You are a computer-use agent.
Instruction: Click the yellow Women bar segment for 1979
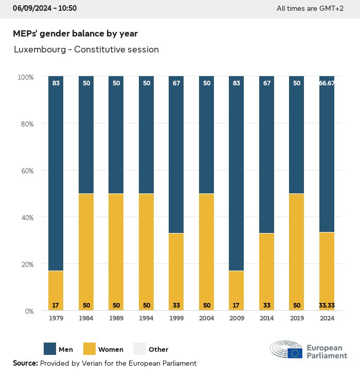click(56, 290)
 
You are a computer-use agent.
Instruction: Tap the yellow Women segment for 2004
click(206, 252)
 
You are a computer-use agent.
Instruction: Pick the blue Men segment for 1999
click(176, 154)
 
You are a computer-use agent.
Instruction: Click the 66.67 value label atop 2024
click(327, 83)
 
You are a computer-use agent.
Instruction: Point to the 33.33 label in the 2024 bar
click(327, 305)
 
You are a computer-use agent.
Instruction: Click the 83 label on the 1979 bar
click(56, 83)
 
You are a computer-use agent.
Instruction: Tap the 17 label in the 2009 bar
click(236, 305)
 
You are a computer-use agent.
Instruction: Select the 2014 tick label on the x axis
click(266, 319)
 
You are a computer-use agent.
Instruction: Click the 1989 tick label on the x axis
click(116, 319)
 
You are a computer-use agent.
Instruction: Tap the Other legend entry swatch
click(139, 349)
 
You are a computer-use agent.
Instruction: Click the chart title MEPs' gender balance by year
click(75, 34)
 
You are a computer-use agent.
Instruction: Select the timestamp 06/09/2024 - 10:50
click(45, 8)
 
